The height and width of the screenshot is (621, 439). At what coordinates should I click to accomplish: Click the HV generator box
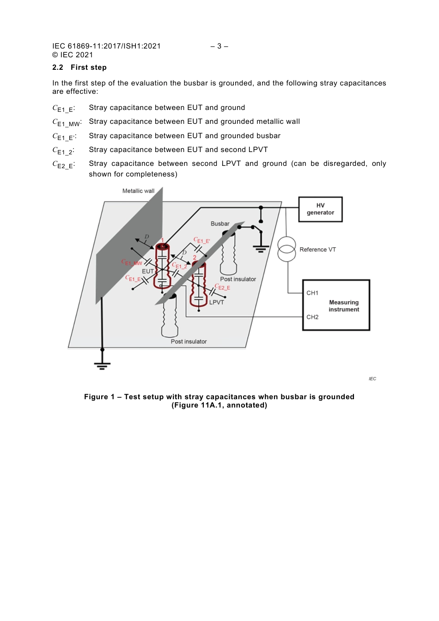[x=320, y=209]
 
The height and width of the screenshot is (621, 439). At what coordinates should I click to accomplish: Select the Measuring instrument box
[x=336, y=305]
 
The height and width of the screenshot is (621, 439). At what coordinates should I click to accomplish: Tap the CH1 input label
[x=312, y=293]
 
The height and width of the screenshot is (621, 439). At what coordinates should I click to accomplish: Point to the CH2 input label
[x=312, y=317]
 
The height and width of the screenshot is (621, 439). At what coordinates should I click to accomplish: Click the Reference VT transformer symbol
[x=287, y=249]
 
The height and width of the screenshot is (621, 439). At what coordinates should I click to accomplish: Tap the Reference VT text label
[x=317, y=250]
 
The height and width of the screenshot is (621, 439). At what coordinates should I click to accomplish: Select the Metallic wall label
[x=138, y=191]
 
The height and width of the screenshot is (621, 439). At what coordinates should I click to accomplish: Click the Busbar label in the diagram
[x=220, y=224]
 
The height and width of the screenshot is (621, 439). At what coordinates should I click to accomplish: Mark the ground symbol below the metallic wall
[x=102, y=365]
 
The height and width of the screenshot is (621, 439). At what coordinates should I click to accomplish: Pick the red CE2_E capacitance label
[x=222, y=287]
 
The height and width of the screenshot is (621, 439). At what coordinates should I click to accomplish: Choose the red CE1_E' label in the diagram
[x=201, y=240]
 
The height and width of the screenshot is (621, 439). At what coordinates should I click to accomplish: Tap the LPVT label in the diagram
[x=216, y=302]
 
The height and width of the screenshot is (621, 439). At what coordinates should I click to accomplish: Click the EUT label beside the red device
[x=147, y=271]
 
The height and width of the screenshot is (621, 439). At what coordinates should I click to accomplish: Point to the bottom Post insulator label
[x=189, y=341]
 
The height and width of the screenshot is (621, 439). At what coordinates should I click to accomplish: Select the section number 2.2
[x=58, y=67]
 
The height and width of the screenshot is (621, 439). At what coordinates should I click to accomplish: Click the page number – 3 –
[x=219, y=46]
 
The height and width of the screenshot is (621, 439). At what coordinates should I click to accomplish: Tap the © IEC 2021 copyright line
[x=73, y=55]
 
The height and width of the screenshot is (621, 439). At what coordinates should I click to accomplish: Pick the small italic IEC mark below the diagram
[x=372, y=379]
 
